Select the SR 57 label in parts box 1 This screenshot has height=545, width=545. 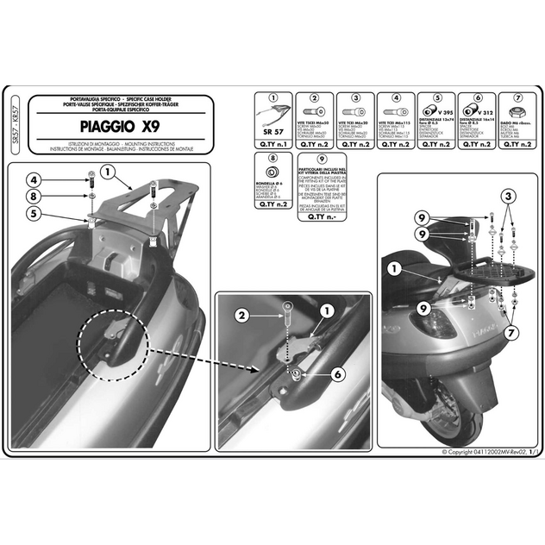[272, 132]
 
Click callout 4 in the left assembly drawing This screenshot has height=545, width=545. [33, 180]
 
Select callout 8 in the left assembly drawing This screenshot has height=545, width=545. [33, 197]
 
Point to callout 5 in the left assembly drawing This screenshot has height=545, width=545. [33, 214]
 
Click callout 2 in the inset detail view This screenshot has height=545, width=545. [243, 315]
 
